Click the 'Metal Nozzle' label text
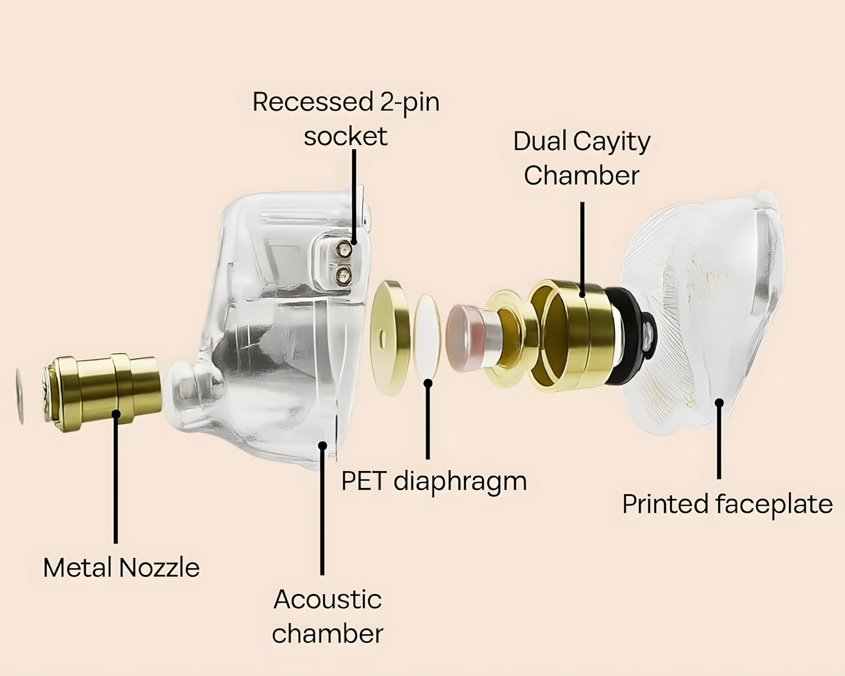point(121,568)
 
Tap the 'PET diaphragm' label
point(434,482)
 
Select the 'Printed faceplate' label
point(728,505)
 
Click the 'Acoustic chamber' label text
point(328,617)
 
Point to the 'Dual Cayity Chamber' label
point(582,158)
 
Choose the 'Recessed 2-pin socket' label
point(346,119)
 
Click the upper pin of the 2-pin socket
point(344,248)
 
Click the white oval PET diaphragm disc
point(427,337)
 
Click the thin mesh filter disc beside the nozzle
point(20,397)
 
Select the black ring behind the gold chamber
point(628,336)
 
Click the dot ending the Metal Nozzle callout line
point(116,414)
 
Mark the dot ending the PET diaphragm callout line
point(428,383)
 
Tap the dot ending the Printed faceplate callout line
point(719,402)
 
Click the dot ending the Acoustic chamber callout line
point(323,445)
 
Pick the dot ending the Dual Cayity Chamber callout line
point(583,294)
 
